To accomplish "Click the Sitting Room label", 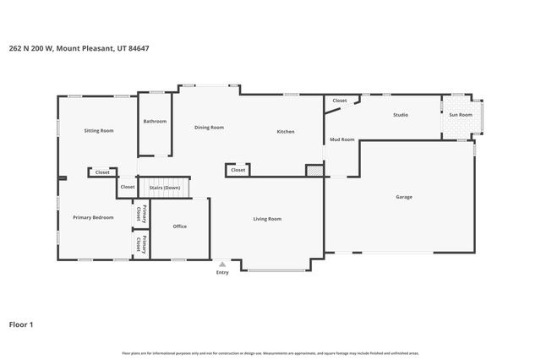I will tap(99, 130).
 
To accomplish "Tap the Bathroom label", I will tap(155, 121).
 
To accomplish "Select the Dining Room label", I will tap(209, 127).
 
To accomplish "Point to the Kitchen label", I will tap(286, 131).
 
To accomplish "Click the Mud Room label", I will tap(342, 139).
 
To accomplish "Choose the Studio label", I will tap(401, 114).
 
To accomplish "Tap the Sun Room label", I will tap(460, 114).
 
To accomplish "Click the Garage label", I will tap(404, 197).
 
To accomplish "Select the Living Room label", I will tap(267, 219).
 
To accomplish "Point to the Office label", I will tap(179, 226).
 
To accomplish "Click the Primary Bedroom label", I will tap(93, 217).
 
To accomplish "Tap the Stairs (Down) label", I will tap(165, 187).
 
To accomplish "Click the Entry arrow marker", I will tap(222, 264).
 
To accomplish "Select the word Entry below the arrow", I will tap(222, 272).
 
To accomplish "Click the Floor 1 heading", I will tap(21, 324).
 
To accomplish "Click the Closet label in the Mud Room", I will tap(340, 101).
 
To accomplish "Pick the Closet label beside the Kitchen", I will tap(238, 170).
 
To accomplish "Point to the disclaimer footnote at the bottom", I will tap(270, 352).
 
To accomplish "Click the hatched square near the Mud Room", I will tap(314, 171).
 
